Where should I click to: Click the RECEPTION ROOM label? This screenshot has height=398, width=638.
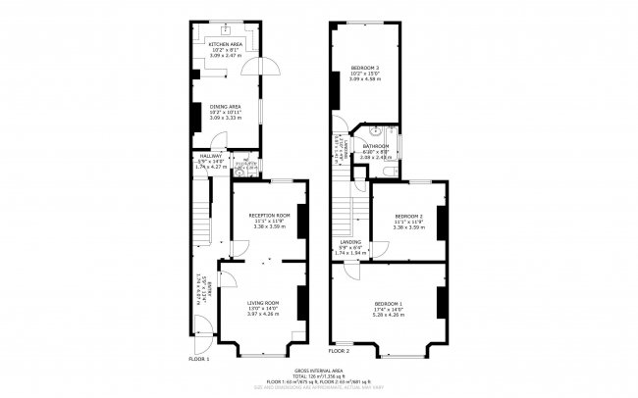coord(269,216)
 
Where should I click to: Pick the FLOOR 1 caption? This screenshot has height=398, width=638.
coord(199,360)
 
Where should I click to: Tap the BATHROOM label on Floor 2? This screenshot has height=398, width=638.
coord(376,147)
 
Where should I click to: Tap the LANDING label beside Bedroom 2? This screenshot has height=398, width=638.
coord(350,242)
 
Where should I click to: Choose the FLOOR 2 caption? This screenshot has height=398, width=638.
coord(340,350)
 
